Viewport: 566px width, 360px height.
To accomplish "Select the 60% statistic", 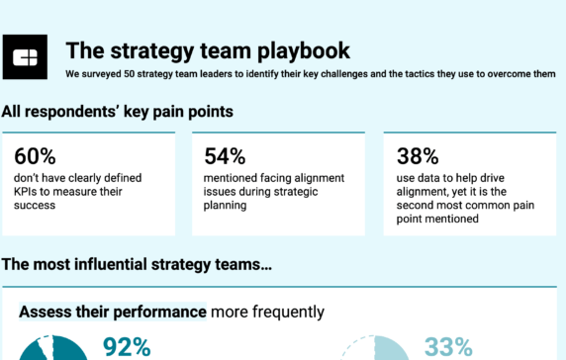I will point(35,155).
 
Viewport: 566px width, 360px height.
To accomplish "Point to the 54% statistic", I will point(225,155).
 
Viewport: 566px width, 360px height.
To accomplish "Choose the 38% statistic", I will point(417,155).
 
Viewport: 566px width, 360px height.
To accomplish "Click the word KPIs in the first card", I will point(28,192).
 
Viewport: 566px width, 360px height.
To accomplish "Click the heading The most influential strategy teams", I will point(137,264).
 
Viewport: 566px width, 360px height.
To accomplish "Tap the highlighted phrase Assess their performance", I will point(112,313).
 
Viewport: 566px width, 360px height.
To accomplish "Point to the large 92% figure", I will point(127,347).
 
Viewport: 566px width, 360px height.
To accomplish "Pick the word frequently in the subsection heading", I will point(287,313).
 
